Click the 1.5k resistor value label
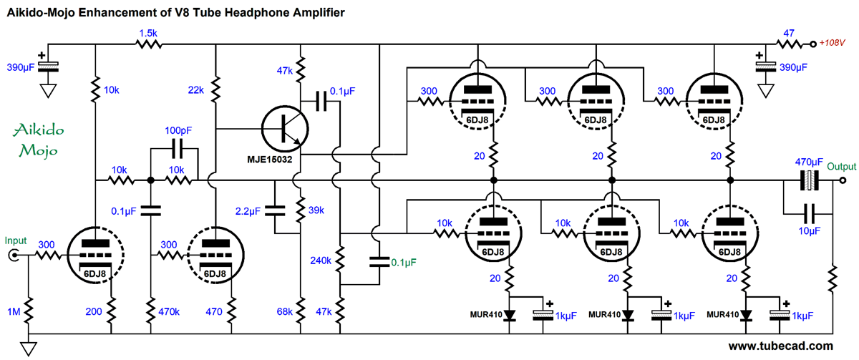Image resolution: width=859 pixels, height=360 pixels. tap(147, 34)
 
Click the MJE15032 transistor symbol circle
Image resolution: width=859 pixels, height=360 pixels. tap(286, 129)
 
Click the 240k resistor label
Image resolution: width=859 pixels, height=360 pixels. tap(321, 261)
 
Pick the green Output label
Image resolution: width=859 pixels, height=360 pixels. tap(842, 167)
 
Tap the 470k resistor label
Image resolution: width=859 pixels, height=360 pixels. tap(170, 312)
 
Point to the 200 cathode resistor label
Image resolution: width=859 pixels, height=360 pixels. tap(92, 312)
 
